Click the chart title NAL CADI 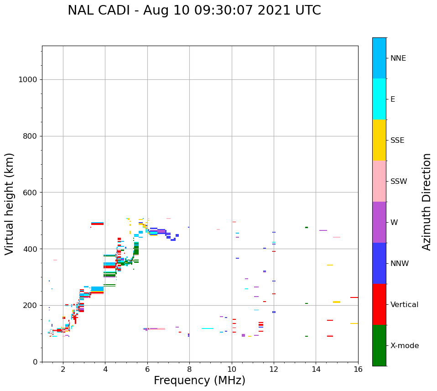tap(194, 10)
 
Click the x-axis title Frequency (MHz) tap(199, 381)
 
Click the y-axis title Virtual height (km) tap(10, 203)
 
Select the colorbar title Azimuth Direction tap(427, 202)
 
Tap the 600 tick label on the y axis tap(30, 193)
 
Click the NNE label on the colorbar tap(398, 58)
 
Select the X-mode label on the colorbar tap(405, 346)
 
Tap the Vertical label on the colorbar tap(405, 305)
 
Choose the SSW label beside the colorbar tap(399, 182)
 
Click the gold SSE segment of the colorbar tap(379, 140)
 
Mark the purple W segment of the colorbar tap(379, 222)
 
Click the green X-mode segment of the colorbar tap(379, 345)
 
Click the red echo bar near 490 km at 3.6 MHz tap(97, 224)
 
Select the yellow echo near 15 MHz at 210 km tap(337, 302)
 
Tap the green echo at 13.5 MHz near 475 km tap(307, 227)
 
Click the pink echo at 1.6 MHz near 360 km tap(55, 260)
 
